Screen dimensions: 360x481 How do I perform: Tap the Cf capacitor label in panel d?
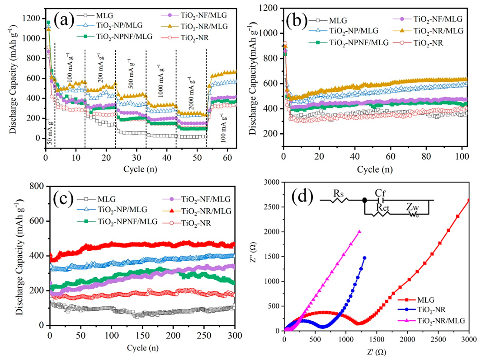(x=381, y=193)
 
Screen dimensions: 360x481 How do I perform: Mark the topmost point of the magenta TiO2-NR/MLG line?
(x=359, y=232)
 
